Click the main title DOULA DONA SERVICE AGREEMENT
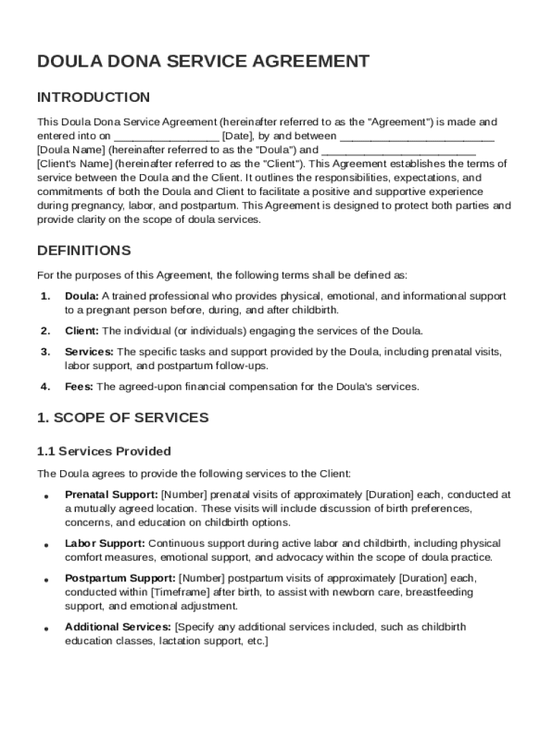click(203, 62)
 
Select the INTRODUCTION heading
click(93, 97)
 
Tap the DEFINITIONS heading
click(84, 251)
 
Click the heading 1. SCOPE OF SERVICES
click(123, 417)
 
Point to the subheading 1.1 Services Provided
click(104, 452)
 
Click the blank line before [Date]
click(166, 135)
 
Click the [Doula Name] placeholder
click(70, 150)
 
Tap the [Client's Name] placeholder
click(73, 163)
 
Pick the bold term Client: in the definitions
click(82, 331)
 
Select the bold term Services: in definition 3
click(89, 352)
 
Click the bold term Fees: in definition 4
click(79, 387)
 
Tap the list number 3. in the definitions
click(45, 352)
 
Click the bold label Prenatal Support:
click(111, 495)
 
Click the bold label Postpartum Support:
click(120, 578)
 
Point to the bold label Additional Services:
click(118, 627)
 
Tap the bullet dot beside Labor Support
click(45, 545)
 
